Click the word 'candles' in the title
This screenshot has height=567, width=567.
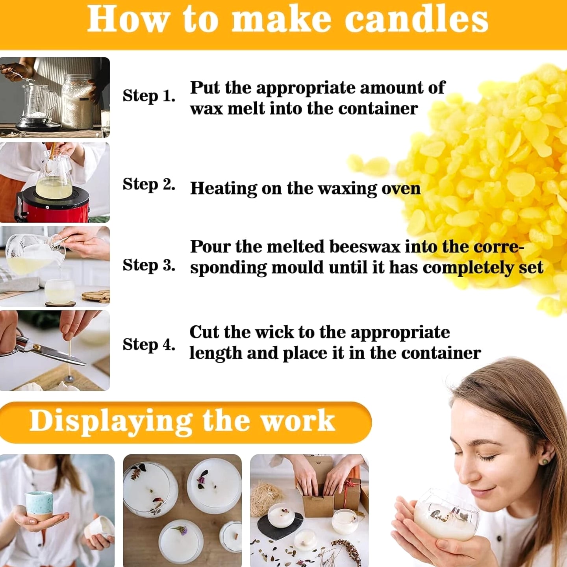[416, 20]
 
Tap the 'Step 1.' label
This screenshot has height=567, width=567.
[149, 96]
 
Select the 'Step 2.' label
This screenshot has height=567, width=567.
[149, 185]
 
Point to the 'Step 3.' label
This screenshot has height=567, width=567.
[149, 265]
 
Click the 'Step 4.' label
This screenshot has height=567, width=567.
[149, 345]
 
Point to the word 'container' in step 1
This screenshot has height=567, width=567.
[378, 109]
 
